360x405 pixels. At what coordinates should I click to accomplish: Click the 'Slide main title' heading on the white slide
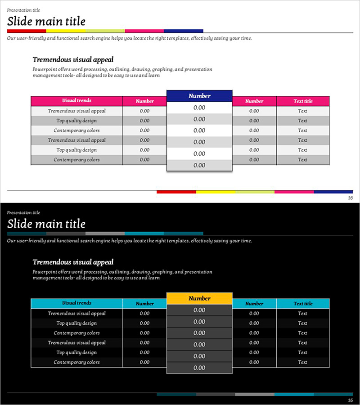[46, 21]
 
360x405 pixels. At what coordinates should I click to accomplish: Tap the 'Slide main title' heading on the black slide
[46, 224]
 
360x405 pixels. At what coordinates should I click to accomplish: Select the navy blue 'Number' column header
[199, 96]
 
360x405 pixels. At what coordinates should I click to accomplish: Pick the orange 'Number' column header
[199, 298]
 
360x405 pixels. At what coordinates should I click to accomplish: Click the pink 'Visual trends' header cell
[76, 101]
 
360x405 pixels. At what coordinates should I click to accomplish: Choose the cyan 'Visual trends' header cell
[76, 303]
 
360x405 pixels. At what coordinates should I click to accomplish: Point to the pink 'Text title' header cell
[302, 101]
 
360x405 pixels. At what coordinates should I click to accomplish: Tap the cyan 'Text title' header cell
[302, 304]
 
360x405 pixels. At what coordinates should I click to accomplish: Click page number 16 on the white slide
[350, 198]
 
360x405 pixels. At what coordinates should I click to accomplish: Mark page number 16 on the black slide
[350, 400]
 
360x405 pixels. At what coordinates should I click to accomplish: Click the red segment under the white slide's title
[27, 31]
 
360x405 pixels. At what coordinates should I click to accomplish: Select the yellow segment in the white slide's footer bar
[216, 192]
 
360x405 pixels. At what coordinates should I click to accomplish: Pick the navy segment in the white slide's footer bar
[333, 192]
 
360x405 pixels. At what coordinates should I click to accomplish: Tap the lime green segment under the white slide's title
[105, 31]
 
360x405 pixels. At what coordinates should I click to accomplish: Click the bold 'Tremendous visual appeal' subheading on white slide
[73, 59]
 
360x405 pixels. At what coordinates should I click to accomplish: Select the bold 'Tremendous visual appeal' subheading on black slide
[73, 262]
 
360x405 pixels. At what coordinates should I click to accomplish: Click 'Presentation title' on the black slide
[23, 212]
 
